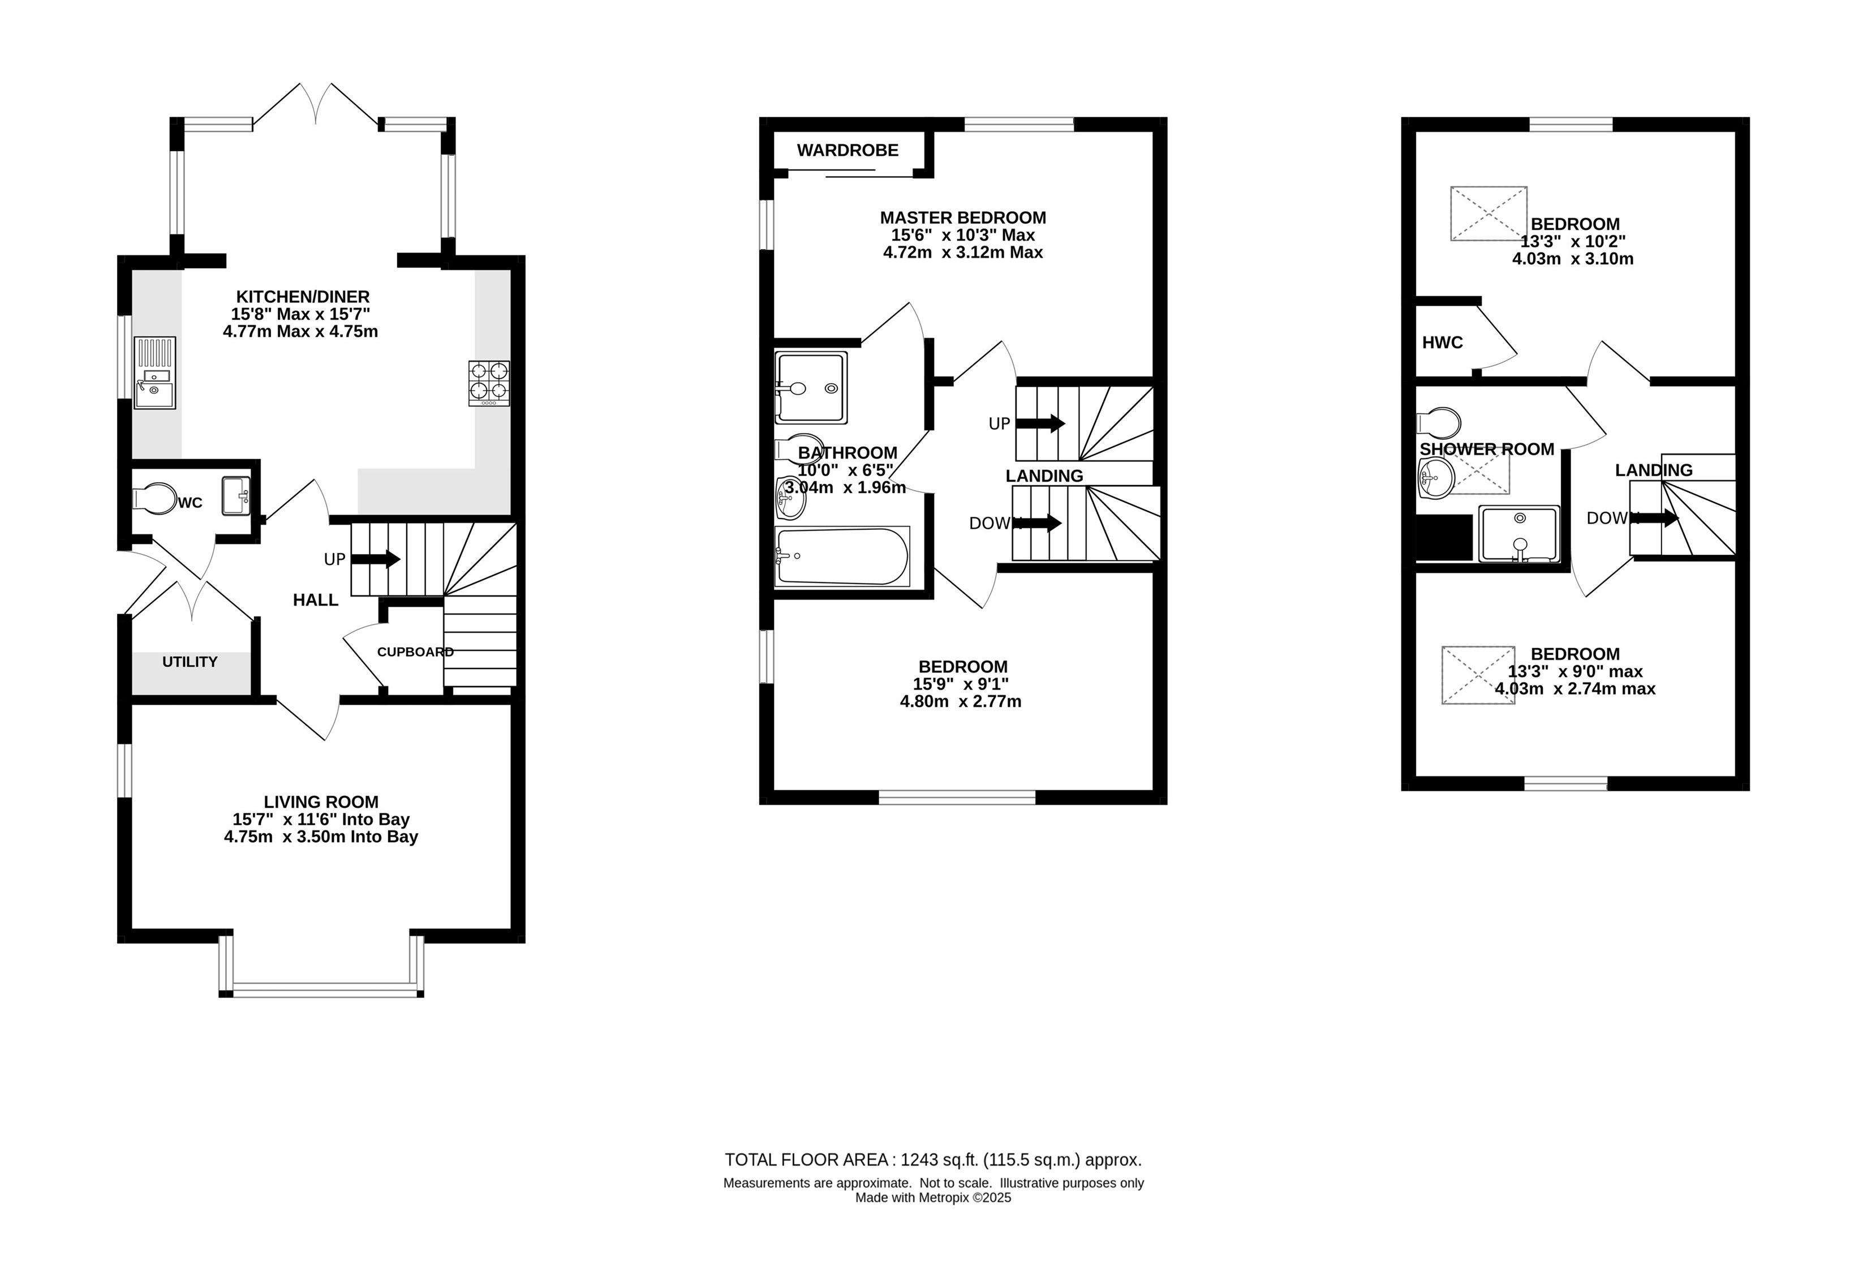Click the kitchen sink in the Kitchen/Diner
pyautogui.click(x=154, y=373)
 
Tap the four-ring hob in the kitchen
pyautogui.click(x=489, y=383)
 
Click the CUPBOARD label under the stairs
pyautogui.click(x=415, y=652)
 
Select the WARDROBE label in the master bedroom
pyautogui.click(x=848, y=150)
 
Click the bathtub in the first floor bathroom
pyautogui.click(x=842, y=556)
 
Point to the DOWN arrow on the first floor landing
pyautogui.click(x=1038, y=523)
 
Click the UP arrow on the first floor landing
pyautogui.click(x=1041, y=423)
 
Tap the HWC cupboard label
pyautogui.click(x=1442, y=342)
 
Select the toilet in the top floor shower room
pyautogui.click(x=1439, y=422)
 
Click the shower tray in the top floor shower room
pyautogui.click(x=1518, y=534)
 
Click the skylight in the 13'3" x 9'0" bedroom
pyautogui.click(x=1478, y=675)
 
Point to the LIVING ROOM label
pyautogui.click(x=321, y=802)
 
